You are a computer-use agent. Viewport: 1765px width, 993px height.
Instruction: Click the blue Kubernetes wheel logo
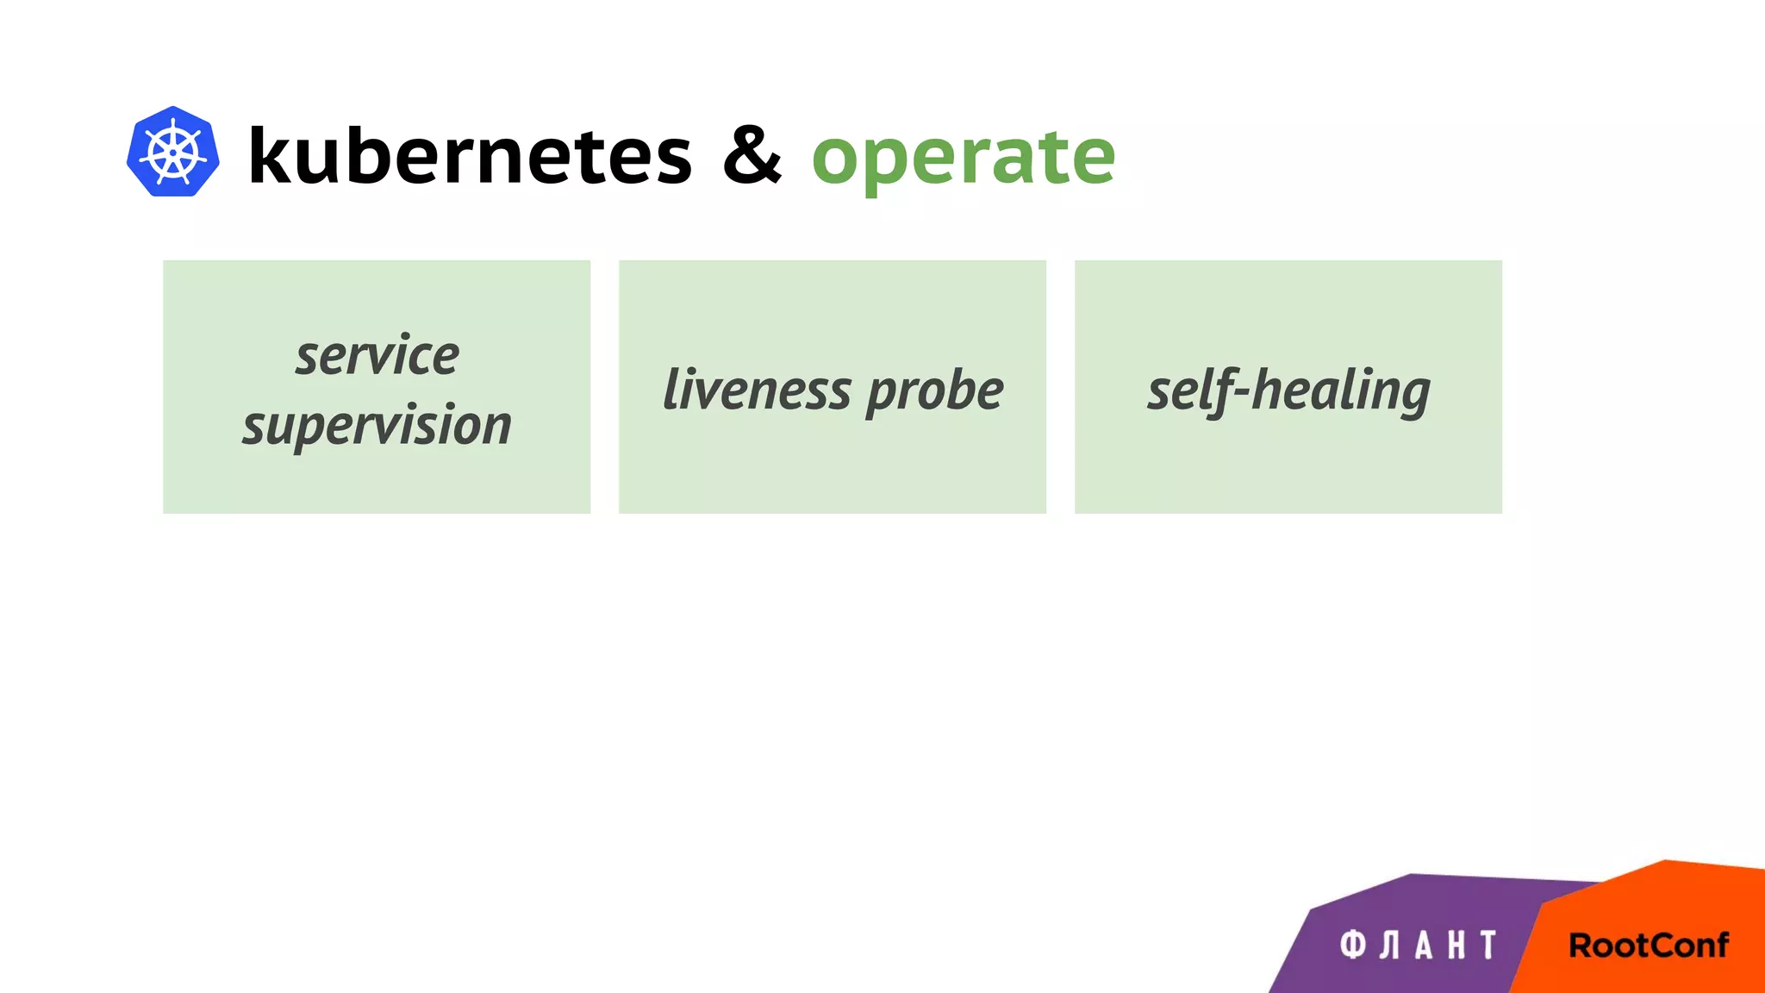(172, 152)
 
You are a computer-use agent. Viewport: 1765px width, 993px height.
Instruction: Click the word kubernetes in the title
(470, 156)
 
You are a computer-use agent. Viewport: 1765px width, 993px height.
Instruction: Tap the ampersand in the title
(752, 155)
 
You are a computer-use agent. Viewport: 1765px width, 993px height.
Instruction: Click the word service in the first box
(377, 355)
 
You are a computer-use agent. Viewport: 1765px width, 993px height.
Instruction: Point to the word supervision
(377, 426)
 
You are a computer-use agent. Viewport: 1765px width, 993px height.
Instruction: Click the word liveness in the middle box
(757, 390)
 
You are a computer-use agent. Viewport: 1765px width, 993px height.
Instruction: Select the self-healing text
(1288, 391)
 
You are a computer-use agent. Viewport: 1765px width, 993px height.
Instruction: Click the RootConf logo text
(1648, 946)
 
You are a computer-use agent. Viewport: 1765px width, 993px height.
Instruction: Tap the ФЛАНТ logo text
(1419, 946)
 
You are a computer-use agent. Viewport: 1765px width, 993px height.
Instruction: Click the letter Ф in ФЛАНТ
(1353, 946)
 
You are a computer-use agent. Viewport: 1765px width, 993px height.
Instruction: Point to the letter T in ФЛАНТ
(1488, 946)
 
